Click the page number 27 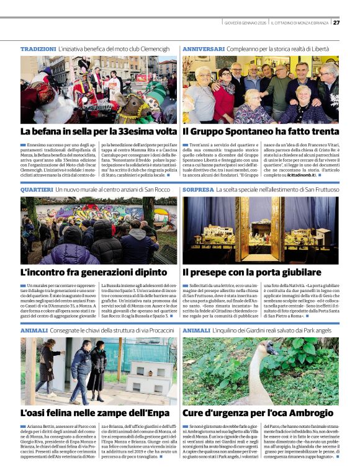[336, 23]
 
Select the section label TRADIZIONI [38, 48]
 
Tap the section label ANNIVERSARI [204, 48]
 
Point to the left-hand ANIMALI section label [34, 331]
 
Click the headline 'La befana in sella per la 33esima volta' [98, 131]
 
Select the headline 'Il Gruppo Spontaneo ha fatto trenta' [261, 131]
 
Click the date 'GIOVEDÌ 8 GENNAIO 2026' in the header [245, 23]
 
